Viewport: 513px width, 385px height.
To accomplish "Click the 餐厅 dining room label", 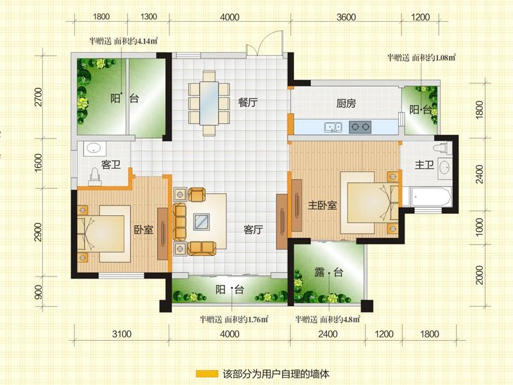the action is pos(248,103).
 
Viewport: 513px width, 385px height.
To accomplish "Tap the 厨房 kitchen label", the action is pos(346,103).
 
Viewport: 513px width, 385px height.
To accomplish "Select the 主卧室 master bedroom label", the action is pos(323,205).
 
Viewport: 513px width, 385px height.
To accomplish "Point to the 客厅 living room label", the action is pos(253,230).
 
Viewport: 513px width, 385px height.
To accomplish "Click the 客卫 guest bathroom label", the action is pos(111,164).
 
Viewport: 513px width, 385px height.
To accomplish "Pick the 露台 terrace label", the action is pos(329,272).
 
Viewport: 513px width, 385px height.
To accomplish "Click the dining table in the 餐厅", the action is pos(209,103).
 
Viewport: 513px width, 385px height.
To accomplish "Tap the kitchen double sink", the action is pos(333,126).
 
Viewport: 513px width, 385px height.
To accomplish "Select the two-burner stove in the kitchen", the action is pos(360,126).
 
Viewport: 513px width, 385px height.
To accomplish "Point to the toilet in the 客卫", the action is pos(94,177).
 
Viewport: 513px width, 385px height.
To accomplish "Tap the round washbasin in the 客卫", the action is pos(94,149).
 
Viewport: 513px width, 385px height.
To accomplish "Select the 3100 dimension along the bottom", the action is pos(122,334).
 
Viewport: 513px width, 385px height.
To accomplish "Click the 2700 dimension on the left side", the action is pos(38,97).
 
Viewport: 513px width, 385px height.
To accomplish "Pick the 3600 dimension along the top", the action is pos(346,17).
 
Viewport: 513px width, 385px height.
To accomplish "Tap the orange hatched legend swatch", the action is pos(206,373).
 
